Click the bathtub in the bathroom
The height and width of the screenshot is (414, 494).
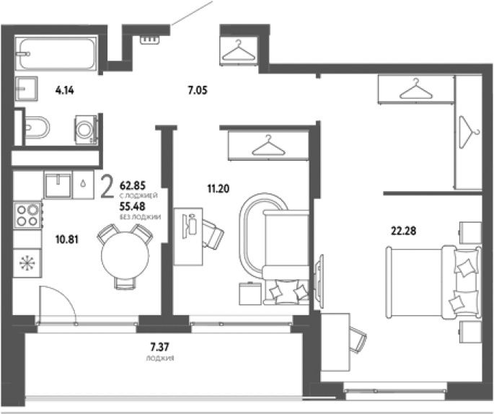point(57,53)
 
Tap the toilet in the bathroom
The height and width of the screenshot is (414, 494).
point(37,128)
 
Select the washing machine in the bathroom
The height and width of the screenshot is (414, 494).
point(85,130)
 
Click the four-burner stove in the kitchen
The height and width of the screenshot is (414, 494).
point(27,215)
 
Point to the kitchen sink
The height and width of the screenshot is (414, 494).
point(58,185)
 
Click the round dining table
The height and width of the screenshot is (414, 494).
point(125,255)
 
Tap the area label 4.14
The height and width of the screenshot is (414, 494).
point(64,90)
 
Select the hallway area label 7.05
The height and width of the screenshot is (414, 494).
point(198,90)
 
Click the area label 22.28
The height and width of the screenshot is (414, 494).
point(403,231)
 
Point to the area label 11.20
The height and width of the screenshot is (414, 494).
point(219,188)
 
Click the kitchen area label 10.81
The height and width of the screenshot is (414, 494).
point(67,239)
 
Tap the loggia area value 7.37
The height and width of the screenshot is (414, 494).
point(159,347)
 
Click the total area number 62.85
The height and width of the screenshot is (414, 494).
point(133,185)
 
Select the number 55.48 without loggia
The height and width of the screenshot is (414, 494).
point(132,206)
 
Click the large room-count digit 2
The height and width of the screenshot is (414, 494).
point(107,187)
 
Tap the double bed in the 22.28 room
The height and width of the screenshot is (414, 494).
point(434,282)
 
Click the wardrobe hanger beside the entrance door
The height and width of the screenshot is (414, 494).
point(239,50)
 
